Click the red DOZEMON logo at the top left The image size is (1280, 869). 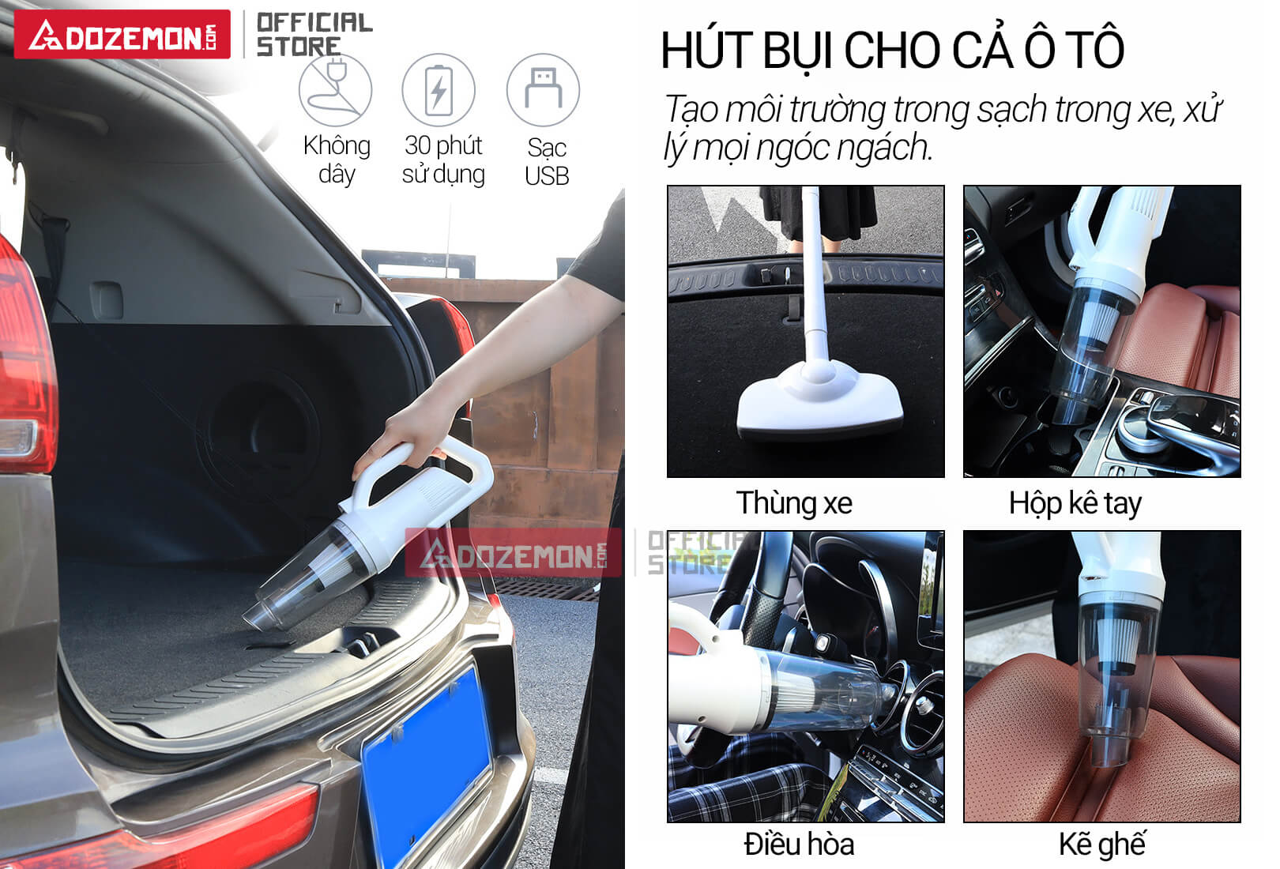(x=122, y=35)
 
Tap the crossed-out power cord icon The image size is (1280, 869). (x=335, y=90)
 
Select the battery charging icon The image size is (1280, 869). (x=439, y=90)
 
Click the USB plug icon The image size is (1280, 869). (x=543, y=90)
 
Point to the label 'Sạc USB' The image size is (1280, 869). (x=547, y=162)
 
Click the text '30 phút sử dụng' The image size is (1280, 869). (x=443, y=160)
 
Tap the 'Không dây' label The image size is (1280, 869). (x=337, y=160)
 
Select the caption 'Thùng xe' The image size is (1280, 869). (x=794, y=503)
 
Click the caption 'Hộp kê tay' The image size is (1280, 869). (x=1075, y=503)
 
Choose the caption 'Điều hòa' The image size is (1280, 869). (x=799, y=845)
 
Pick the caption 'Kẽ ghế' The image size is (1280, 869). (x=1101, y=845)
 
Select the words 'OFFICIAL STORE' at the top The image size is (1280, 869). (x=314, y=34)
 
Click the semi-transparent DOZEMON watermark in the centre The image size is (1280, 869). (x=514, y=554)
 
